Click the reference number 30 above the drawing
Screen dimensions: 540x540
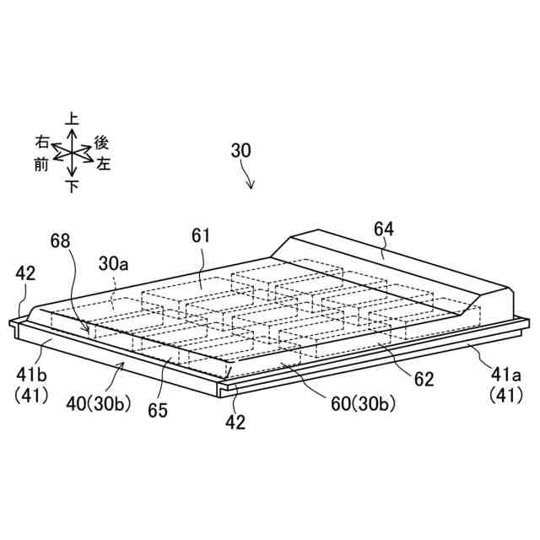coord(241,151)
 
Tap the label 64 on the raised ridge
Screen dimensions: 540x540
coord(384,228)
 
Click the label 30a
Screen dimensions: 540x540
coord(114,263)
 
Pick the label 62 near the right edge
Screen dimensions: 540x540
coord(424,379)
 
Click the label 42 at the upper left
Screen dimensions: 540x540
coord(24,273)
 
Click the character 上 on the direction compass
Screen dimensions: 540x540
coord(73,121)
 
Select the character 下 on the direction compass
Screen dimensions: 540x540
coord(73,186)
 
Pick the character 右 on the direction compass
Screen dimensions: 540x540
coord(42,141)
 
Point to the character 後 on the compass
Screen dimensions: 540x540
coord(101,143)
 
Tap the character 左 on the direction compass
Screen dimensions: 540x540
coord(104,164)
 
